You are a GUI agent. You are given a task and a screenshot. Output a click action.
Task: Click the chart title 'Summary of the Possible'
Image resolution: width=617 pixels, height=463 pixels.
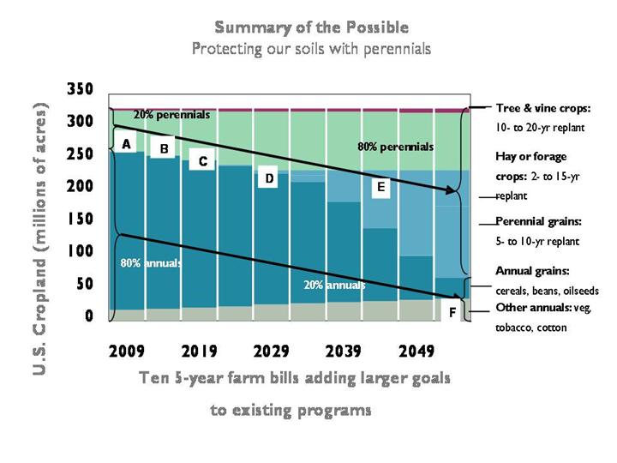point(310,27)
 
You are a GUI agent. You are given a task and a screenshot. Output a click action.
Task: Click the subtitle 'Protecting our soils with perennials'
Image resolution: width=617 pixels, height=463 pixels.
point(311,48)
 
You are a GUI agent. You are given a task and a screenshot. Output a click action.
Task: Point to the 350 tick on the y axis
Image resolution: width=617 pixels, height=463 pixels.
point(81,89)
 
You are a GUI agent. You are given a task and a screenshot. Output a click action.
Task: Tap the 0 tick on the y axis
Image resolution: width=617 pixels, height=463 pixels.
point(88,317)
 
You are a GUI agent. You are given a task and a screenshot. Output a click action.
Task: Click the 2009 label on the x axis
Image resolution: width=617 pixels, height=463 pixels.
point(127,352)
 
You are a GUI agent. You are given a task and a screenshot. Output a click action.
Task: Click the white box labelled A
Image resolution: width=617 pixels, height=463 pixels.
point(127,144)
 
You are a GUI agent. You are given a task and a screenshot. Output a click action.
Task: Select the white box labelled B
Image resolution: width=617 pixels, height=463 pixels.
point(163,149)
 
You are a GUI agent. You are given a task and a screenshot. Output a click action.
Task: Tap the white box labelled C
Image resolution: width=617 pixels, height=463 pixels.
point(203,160)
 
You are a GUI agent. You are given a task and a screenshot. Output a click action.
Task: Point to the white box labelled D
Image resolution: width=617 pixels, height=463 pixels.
point(269,178)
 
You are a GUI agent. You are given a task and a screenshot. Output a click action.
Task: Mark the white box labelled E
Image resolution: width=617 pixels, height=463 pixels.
point(380,185)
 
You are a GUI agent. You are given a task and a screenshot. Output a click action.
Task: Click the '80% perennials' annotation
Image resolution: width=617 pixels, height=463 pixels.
point(395,147)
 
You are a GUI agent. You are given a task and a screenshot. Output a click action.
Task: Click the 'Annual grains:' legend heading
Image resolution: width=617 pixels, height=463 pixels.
point(531,271)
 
